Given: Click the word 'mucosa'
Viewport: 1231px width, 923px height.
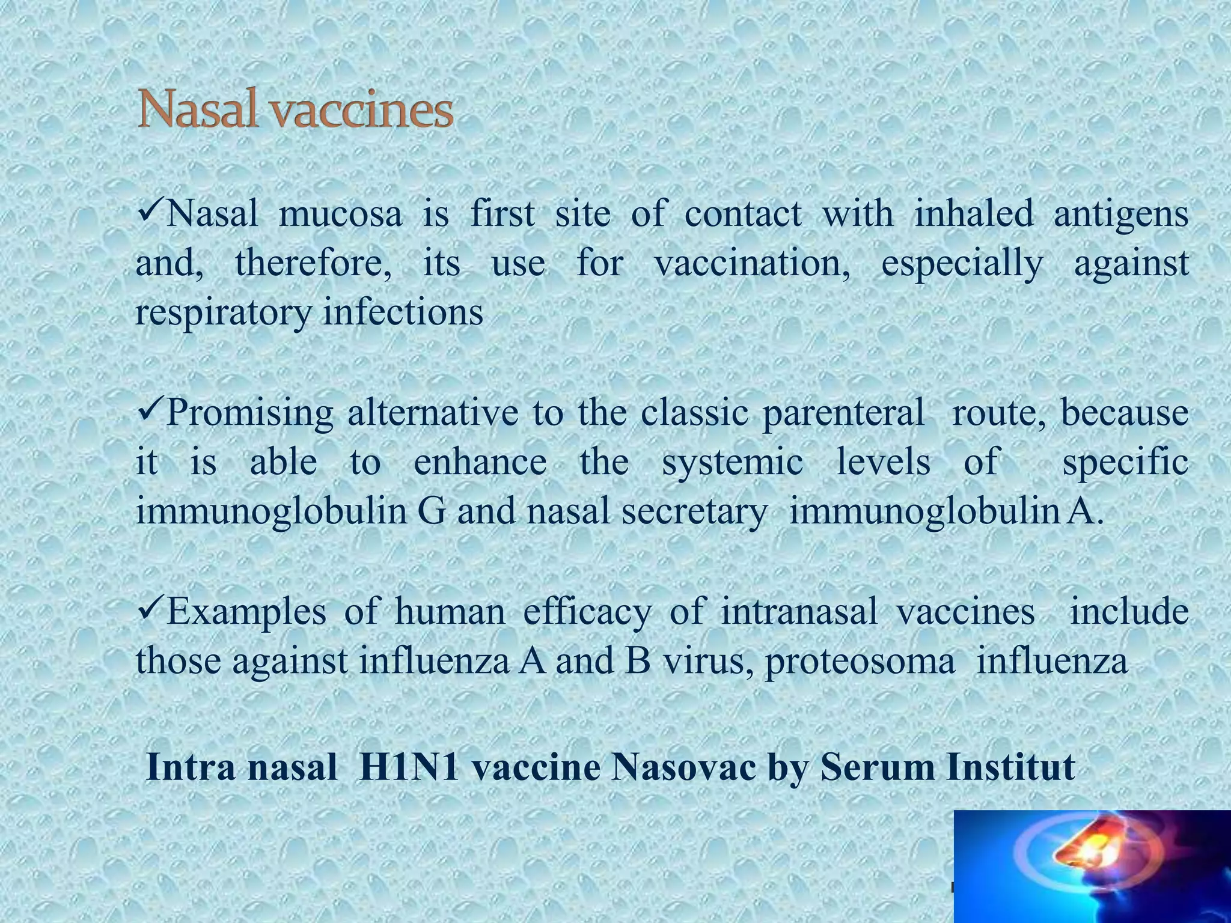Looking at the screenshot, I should click(x=340, y=215).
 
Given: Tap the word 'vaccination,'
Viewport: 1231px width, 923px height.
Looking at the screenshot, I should click(x=752, y=263).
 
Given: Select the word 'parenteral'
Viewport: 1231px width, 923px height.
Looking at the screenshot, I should click(x=844, y=414).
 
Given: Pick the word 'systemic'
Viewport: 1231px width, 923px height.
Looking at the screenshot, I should click(x=732, y=463).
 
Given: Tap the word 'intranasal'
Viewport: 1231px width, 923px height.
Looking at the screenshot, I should click(x=799, y=612).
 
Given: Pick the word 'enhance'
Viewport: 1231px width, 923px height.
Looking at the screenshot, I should click(x=480, y=462).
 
